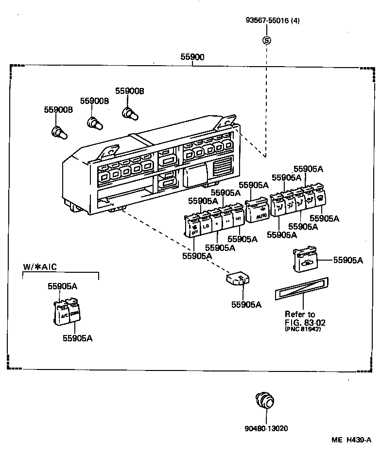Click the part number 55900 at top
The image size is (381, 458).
coord(192,57)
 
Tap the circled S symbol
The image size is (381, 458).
coord(266,40)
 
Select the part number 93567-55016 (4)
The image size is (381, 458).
coord(272,20)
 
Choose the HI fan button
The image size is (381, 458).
coord(238,219)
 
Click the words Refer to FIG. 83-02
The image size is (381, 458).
coord(300,318)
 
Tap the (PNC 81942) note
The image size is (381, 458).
coord(303,330)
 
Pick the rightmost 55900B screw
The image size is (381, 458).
coord(129,113)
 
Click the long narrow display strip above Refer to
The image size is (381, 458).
coord(301,287)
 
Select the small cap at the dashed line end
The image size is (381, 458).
coord(237,280)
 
